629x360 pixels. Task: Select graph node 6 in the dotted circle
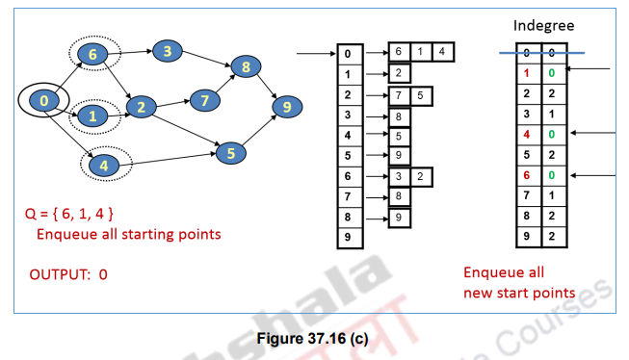[x=92, y=55]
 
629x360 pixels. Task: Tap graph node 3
[x=167, y=51]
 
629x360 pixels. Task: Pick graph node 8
[x=247, y=67]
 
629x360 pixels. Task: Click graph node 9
[x=286, y=107]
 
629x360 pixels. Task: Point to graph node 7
[x=204, y=99]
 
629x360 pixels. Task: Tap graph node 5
[x=231, y=151]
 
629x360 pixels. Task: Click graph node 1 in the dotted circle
[x=92, y=116]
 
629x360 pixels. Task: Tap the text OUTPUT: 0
[x=68, y=274]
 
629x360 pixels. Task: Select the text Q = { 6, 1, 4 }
[x=73, y=212]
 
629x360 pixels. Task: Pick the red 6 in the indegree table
[x=528, y=175]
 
